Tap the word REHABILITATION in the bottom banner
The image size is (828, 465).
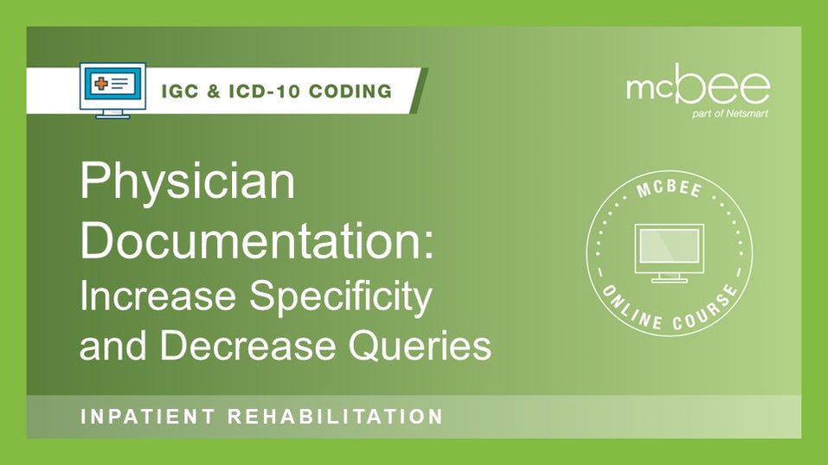point(335,417)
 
